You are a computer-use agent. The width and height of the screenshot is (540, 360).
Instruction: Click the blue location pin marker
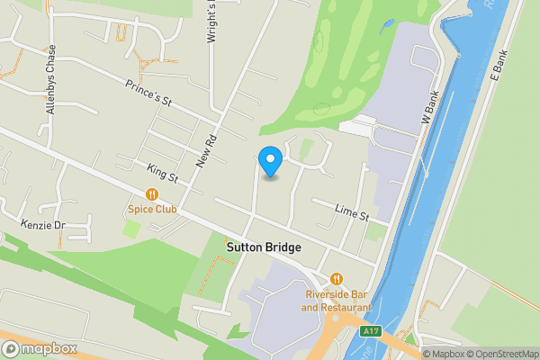[270, 161]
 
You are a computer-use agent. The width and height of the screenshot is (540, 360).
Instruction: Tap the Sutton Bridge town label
[263, 247]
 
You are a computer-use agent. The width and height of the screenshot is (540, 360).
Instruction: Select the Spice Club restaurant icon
[152, 193]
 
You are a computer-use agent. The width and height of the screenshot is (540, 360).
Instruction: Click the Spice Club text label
[152, 210]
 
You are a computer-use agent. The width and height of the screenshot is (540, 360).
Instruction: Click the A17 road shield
[370, 332]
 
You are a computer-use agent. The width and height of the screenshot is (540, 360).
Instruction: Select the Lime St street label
[352, 213]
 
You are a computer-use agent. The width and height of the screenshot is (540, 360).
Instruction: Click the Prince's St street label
[148, 94]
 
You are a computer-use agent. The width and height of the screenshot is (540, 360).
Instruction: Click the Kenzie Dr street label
[43, 224]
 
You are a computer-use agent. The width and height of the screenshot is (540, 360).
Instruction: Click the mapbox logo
[39, 349]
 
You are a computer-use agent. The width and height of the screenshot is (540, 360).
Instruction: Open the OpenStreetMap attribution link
[500, 353]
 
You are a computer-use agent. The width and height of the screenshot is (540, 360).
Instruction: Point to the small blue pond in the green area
[387, 24]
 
